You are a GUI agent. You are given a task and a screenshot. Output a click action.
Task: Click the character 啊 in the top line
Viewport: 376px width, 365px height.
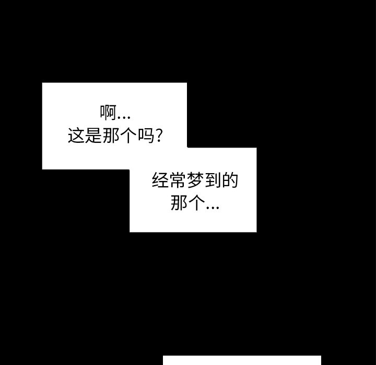coord(108,113)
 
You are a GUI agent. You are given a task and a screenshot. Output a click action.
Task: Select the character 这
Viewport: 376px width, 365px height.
coord(77,136)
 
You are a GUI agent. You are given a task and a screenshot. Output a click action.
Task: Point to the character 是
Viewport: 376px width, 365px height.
coord(95,136)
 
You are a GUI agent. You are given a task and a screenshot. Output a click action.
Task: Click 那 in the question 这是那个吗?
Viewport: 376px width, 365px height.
coord(113,136)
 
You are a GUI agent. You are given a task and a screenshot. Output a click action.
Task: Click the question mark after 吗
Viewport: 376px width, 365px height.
coord(162,136)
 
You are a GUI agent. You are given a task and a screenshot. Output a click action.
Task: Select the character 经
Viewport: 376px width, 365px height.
coord(160,181)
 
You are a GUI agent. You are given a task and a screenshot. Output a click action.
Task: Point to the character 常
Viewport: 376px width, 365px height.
coord(178,181)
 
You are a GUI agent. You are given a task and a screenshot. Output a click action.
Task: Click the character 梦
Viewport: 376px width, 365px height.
coord(195,181)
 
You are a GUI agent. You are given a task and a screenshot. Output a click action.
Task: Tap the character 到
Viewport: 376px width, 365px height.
coord(213,181)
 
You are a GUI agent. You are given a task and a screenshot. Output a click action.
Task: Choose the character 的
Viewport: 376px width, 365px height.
coord(230,181)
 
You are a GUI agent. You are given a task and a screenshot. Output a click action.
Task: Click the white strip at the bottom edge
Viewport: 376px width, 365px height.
coord(242,360)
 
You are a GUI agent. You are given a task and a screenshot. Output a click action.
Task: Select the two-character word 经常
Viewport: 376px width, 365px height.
coord(169,181)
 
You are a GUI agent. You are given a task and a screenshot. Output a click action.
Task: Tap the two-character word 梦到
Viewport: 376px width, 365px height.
coord(204,181)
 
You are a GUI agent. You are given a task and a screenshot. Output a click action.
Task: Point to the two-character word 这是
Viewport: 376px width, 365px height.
coord(86,136)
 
